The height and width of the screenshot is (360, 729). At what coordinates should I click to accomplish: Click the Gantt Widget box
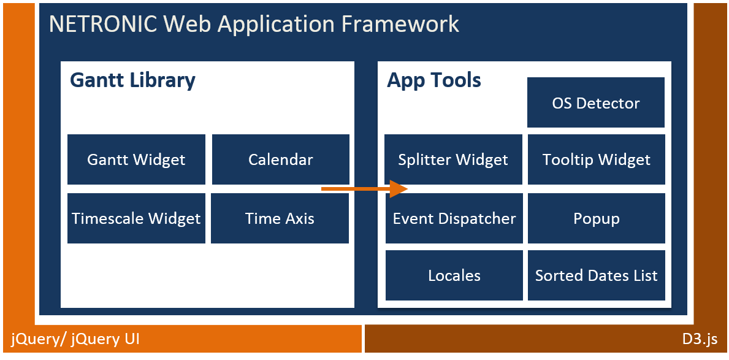pyautogui.click(x=136, y=159)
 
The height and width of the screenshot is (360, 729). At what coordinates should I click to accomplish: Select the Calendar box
pyautogui.click(x=280, y=159)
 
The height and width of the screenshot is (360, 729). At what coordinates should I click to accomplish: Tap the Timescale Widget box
pyautogui.click(x=136, y=218)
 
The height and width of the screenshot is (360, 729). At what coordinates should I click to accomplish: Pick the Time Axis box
pyautogui.click(x=280, y=218)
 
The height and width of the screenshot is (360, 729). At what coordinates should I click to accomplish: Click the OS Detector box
pyautogui.click(x=595, y=102)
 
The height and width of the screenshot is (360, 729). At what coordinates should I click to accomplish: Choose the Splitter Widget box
pyautogui.click(x=453, y=159)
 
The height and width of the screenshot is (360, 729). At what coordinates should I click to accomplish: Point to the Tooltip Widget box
pyautogui.click(x=596, y=159)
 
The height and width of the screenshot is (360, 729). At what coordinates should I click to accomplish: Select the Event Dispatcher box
pyautogui.click(x=454, y=218)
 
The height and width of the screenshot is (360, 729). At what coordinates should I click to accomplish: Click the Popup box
pyautogui.click(x=596, y=218)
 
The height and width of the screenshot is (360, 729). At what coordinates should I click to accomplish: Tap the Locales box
pyautogui.click(x=454, y=275)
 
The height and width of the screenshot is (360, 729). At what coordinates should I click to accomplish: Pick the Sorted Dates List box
pyautogui.click(x=596, y=275)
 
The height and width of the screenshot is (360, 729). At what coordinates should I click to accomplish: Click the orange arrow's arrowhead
pyautogui.click(x=399, y=188)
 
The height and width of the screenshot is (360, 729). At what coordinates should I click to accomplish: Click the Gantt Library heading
pyautogui.click(x=132, y=80)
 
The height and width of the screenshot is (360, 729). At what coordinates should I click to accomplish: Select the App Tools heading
pyautogui.click(x=434, y=80)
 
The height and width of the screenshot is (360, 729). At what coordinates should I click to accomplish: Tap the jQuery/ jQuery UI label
pyautogui.click(x=75, y=339)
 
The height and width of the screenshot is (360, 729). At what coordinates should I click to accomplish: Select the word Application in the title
pyautogui.click(x=276, y=24)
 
